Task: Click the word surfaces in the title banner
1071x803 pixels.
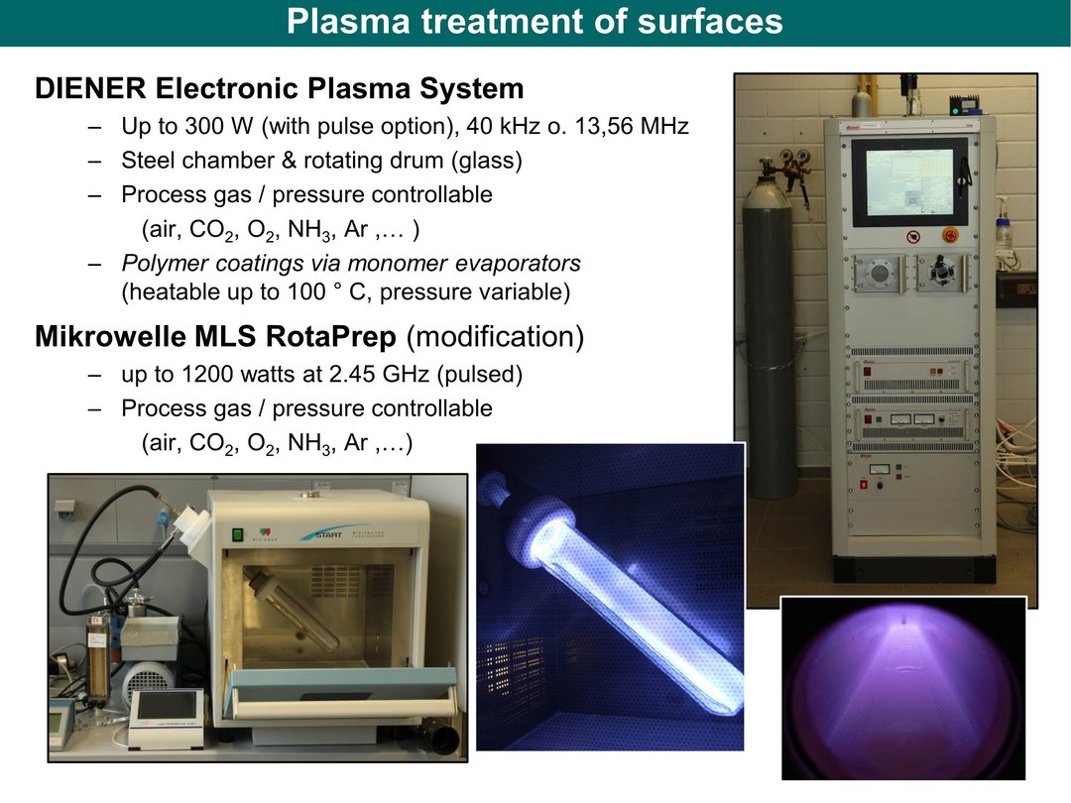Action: click(710, 21)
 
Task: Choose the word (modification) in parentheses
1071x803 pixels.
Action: click(495, 337)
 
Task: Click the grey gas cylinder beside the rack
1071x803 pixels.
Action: click(769, 328)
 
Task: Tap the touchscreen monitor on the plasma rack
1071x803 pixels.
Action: click(909, 181)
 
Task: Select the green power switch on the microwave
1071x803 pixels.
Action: click(238, 534)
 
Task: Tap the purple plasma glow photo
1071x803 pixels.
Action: click(903, 688)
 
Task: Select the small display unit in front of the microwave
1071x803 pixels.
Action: click(167, 718)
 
